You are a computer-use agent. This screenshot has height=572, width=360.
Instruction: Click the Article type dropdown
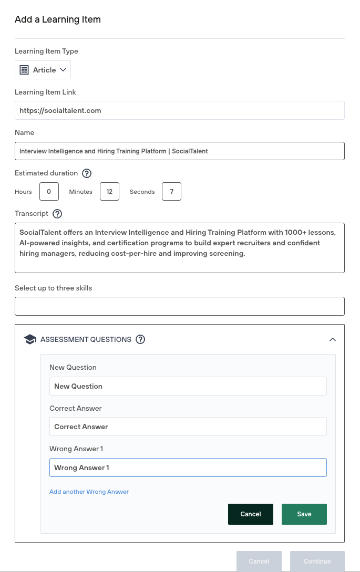pos(43,70)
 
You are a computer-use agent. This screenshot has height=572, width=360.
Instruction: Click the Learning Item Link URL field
pos(179,110)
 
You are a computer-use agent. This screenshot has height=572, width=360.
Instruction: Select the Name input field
pos(179,151)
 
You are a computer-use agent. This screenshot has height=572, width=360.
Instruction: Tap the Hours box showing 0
pos(49,192)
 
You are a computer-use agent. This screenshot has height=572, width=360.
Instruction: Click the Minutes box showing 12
pos(109,192)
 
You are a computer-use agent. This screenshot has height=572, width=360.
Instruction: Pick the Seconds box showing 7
pos(171,192)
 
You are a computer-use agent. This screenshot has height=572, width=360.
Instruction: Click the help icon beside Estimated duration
pos(87,173)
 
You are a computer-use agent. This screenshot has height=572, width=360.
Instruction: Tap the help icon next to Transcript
pos(58,214)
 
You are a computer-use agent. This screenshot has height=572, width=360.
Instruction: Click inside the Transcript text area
pos(179,247)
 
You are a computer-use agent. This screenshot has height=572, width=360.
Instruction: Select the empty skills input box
pos(179,306)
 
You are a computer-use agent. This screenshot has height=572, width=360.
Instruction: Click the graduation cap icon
pos(30,339)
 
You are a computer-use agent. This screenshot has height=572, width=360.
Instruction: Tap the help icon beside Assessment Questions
pos(140,339)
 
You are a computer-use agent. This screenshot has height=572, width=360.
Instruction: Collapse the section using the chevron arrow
pos(332,339)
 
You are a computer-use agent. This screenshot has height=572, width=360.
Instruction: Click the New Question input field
pos(188,386)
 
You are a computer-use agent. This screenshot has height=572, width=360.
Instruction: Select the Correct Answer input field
pos(188,427)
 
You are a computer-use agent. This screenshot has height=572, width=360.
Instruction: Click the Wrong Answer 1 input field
pos(188,467)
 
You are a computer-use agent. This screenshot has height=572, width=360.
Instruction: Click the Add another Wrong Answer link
pos(89,492)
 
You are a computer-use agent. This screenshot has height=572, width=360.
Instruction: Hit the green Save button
pos(304,514)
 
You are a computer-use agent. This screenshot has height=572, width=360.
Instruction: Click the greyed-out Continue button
pos(317,561)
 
